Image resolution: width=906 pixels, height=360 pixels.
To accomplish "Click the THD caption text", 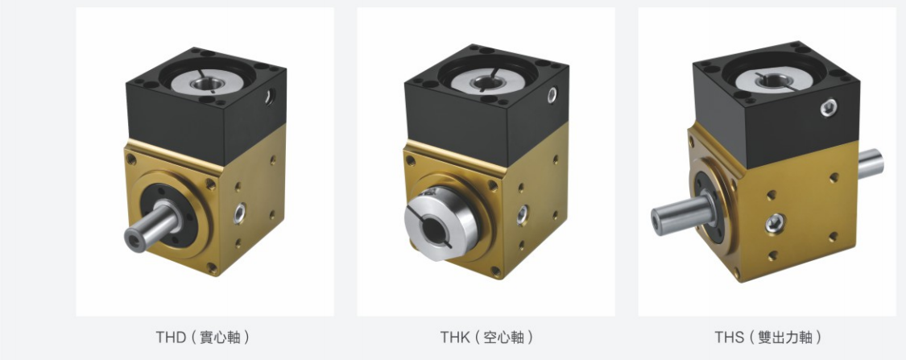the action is (x=203, y=337).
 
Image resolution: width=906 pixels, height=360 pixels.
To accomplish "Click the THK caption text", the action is (x=486, y=337).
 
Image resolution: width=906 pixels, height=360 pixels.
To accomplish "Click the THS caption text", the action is (x=768, y=337).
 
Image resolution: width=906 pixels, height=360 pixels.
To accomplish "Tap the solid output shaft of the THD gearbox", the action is (x=151, y=226).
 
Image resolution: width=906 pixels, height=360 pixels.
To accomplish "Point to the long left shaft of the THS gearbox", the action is (x=682, y=213).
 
